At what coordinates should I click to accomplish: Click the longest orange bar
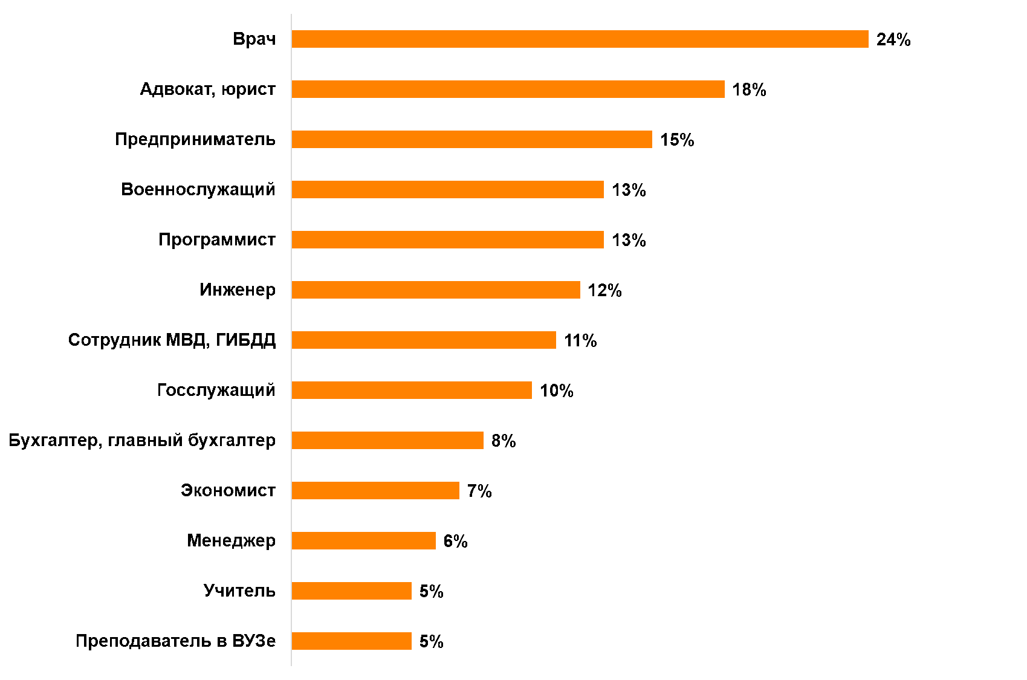580,39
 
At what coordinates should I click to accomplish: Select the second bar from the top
508,89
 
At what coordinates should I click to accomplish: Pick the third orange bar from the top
471,139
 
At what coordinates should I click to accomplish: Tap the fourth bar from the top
447,189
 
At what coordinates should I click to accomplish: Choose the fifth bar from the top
447,239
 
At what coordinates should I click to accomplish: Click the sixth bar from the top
435,290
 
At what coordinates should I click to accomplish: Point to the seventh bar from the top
423,340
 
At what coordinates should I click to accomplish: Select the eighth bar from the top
411,390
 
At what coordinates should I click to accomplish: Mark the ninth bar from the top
387,440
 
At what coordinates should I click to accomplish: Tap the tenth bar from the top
375,490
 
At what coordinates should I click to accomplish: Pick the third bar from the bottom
363,540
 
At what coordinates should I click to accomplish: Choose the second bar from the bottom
351,591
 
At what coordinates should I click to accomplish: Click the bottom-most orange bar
351,641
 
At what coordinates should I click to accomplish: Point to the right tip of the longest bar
867,39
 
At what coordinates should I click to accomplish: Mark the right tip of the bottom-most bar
410,641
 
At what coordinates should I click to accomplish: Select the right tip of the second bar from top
724,89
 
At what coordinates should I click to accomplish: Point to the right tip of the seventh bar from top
555,340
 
